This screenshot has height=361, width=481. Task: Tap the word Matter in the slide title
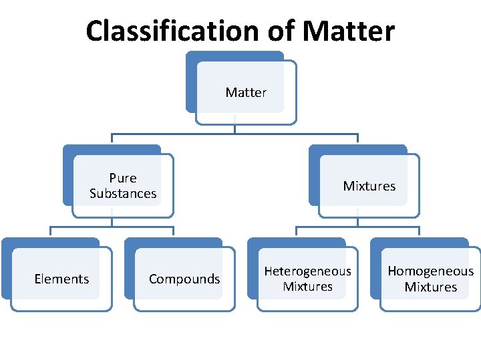pos(348,31)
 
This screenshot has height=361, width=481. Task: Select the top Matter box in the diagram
pos(245,92)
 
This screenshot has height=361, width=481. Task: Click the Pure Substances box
pos(123,186)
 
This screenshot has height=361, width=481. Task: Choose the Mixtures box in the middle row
pos(369,186)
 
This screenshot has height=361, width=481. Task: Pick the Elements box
pos(61,279)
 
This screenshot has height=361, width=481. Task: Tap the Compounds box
pos(184,279)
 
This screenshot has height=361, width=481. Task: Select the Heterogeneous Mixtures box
pos(307,279)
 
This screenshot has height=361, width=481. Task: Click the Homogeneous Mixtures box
pos(430,279)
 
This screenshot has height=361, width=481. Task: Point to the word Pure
pos(123,178)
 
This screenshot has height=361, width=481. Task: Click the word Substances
pos(123,194)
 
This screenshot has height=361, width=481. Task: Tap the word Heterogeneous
pos(307,271)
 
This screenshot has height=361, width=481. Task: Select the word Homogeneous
pos(430,271)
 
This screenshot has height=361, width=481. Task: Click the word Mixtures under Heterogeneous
pos(307,287)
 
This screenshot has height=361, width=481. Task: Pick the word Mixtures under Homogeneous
pos(430,287)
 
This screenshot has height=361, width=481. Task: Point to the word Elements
pos(61,279)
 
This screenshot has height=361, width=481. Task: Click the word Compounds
pos(184,279)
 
